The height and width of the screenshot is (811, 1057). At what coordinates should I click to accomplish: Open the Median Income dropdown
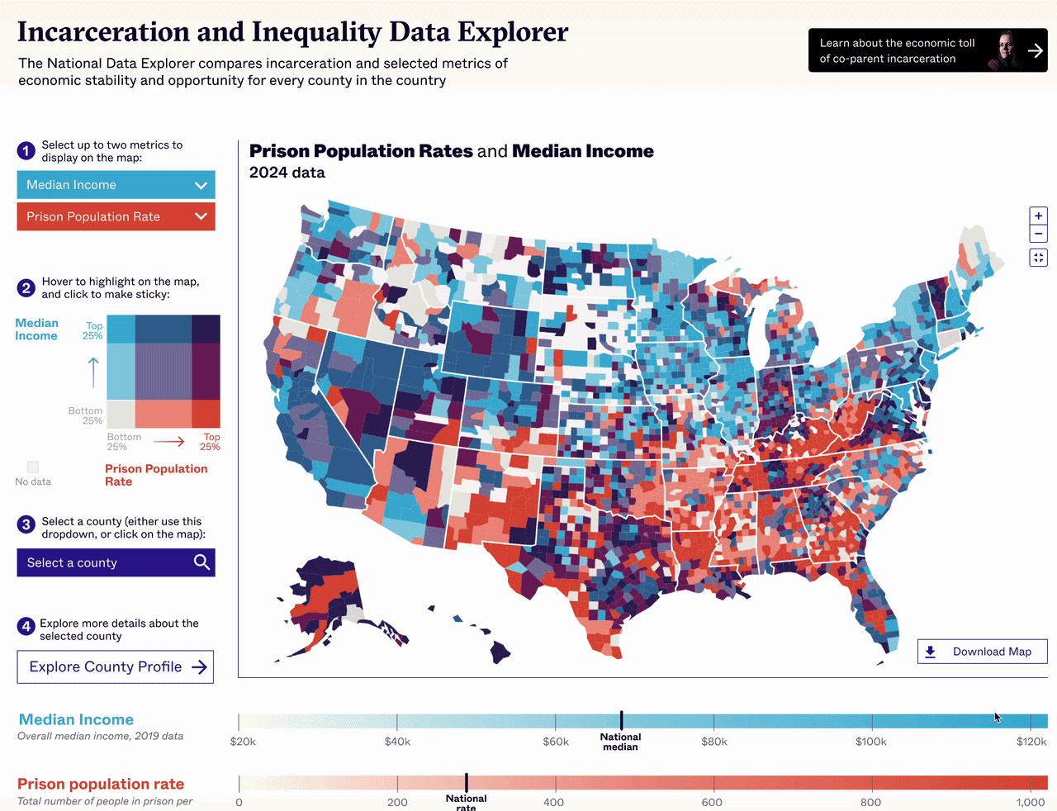[116, 185]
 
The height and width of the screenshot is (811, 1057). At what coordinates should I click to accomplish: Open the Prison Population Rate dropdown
[116, 216]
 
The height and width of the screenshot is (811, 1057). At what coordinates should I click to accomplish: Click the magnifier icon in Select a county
[201, 562]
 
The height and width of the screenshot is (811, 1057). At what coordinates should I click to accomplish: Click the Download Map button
[982, 652]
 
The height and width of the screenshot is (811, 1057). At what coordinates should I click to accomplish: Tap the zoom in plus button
[1038, 216]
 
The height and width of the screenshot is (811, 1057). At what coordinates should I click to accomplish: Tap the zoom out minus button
[1038, 234]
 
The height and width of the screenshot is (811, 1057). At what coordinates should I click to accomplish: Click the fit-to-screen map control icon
[1038, 258]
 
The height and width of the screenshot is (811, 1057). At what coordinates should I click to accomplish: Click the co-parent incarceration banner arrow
[1035, 50]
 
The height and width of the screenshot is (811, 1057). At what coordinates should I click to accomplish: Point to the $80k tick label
[714, 742]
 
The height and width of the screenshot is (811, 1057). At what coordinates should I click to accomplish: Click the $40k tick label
[397, 742]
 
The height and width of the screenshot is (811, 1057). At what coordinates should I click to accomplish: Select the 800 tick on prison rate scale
[870, 802]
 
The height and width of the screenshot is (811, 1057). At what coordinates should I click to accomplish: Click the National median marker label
[620, 742]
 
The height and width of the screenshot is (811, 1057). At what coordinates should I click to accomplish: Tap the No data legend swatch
[33, 467]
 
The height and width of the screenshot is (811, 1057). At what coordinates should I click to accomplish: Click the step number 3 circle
[26, 524]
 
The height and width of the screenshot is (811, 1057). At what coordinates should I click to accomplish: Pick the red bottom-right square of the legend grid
[206, 413]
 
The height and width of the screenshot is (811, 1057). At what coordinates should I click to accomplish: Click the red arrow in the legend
[169, 442]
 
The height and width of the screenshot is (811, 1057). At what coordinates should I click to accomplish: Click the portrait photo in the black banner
[1005, 50]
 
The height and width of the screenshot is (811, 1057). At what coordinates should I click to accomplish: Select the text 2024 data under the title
[287, 173]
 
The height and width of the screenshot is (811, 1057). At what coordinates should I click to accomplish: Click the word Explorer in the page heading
[513, 31]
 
